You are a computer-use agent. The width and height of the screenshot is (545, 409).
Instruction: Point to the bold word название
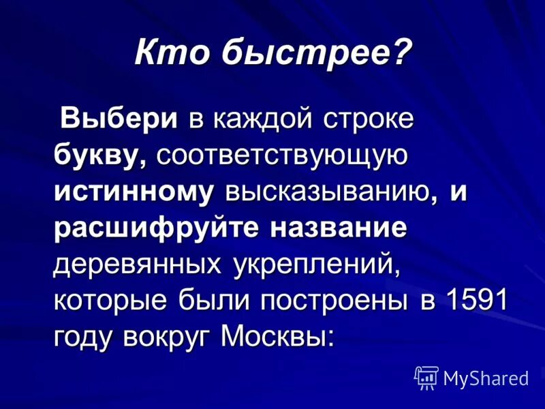click(x=340, y=228)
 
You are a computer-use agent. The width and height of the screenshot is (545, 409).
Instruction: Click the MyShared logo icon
click(x=426, y=377)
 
